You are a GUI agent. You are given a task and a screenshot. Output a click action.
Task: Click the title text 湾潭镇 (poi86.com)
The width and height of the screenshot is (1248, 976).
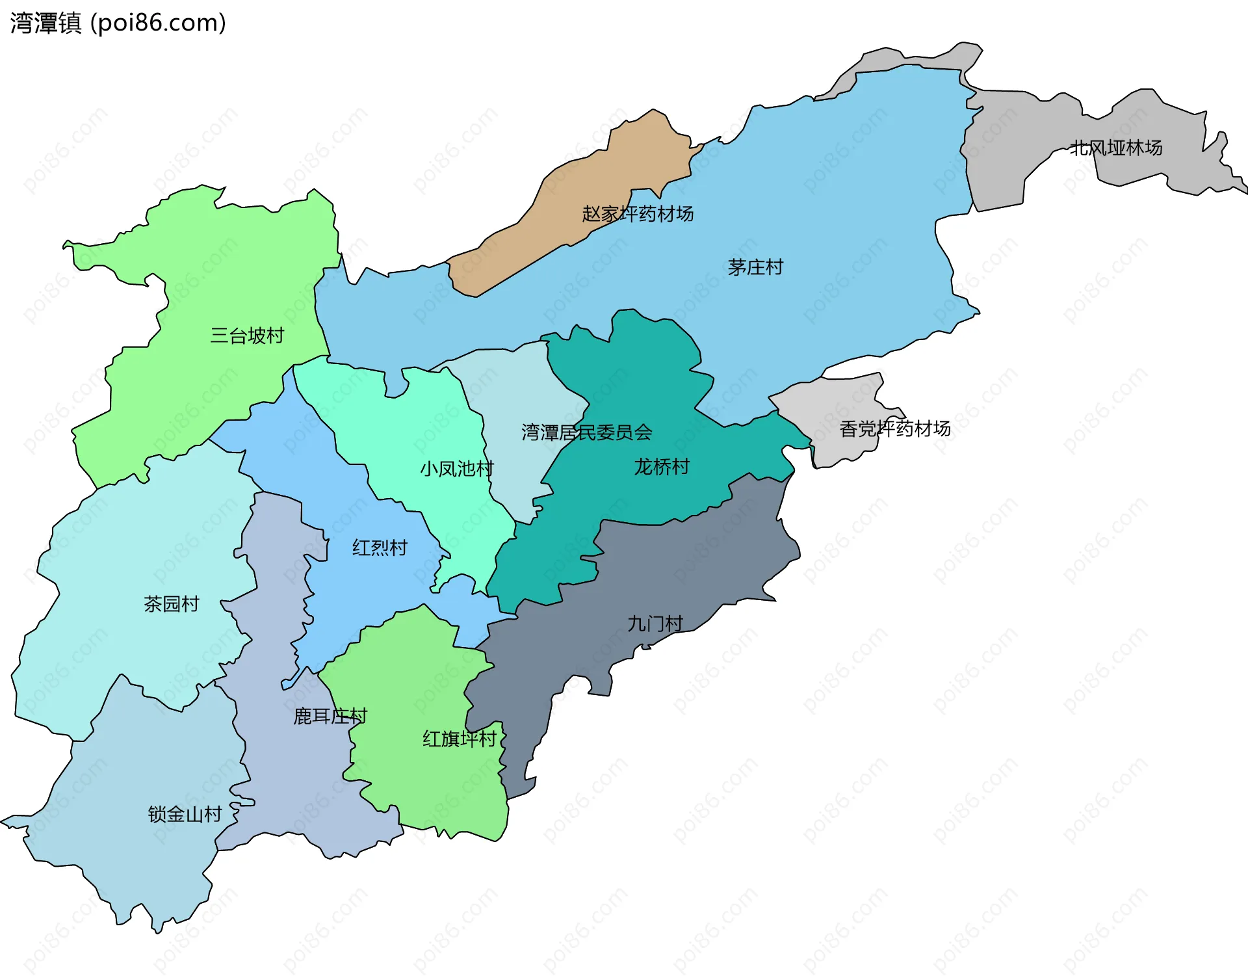pos(118,23)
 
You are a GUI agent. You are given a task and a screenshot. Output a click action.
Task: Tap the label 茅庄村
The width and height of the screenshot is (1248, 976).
pos(755,267)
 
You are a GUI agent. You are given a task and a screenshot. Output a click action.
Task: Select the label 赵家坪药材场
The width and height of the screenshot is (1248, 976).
pos(637,213)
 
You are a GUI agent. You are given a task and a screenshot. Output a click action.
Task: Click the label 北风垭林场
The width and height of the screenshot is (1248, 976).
pos(1115,148)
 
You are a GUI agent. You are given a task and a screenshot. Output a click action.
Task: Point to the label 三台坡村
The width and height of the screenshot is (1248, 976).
pos(247,336)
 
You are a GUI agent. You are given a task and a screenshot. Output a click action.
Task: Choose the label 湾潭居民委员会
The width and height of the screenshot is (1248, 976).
pos(586,432)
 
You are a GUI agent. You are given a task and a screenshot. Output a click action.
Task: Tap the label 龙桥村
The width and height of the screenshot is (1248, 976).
pos(661,467)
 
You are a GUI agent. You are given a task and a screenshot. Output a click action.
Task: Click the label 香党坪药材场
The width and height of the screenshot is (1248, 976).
pos(894,429)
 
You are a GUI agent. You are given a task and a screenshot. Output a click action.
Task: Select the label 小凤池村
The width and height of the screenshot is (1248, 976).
pos(456,469)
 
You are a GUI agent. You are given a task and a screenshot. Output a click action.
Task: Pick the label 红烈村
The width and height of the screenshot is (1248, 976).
pos(380,547)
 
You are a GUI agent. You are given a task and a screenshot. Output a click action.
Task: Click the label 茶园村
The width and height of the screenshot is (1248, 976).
pos(171,604)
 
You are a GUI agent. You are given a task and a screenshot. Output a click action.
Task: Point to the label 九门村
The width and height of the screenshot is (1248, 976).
pos(655,624)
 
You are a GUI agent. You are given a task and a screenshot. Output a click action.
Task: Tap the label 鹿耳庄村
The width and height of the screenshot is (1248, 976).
pos(330,716)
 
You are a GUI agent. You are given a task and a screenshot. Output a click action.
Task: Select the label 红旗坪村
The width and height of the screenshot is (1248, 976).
pos(459,739)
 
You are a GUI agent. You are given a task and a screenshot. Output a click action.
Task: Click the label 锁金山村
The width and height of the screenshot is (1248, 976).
pos(185,814)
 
